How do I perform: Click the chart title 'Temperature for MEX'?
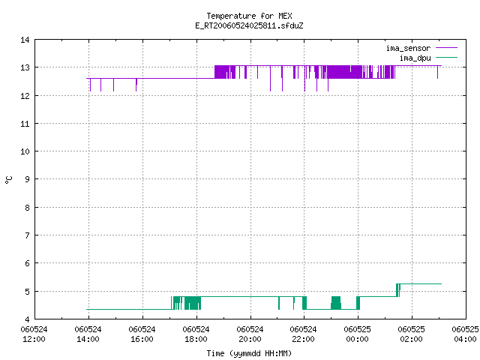coord(249,16)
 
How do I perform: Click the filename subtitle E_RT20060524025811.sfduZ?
coord(249,25)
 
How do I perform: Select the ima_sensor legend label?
coord(408,48)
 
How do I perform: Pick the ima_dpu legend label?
coord(415,58)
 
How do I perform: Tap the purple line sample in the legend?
coord(446,48)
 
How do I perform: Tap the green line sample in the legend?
coord(446,58)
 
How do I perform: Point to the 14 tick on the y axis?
coord(25,40)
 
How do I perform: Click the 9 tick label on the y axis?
coord(27,178)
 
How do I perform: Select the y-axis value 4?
coord(27,319)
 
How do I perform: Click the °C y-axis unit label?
coord(9,180)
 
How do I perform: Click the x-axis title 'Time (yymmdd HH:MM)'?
coord(249,353)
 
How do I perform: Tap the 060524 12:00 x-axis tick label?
coord(34,334)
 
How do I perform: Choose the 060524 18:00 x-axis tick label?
coord(196,334)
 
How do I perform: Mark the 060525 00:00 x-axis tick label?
coord(357,334)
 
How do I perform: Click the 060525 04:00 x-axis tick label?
coord(465,334)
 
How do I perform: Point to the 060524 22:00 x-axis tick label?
coord(303,334)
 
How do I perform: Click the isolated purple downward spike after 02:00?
coord(437,72)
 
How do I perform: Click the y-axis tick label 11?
coord(25,124)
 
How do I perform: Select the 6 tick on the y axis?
coord(27,263)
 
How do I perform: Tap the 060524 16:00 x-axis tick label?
coord(142,334)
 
